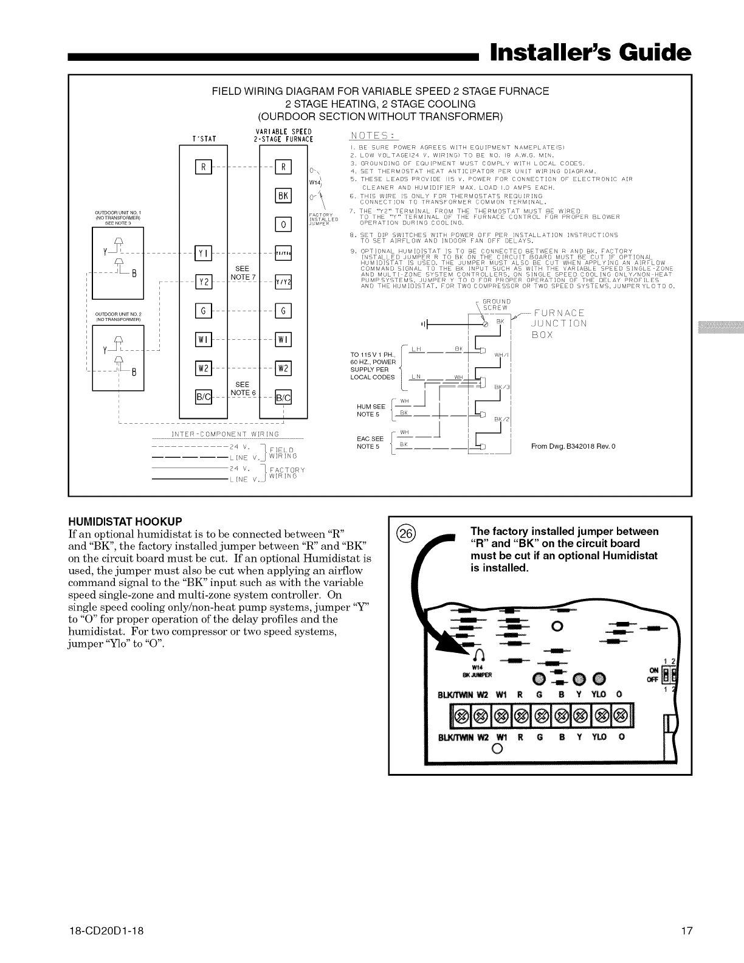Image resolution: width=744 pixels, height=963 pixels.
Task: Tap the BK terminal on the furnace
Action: pos(284,196)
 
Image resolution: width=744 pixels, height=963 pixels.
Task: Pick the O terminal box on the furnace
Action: pos(284,224)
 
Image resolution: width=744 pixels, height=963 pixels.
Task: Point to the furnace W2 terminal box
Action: pos(284,368)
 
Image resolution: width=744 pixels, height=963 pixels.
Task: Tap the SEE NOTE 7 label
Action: pos(243,273)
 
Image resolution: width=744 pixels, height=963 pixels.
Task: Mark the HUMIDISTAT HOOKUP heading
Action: pos(125,522)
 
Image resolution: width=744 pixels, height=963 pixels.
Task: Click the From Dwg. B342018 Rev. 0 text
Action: pos(573,447)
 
